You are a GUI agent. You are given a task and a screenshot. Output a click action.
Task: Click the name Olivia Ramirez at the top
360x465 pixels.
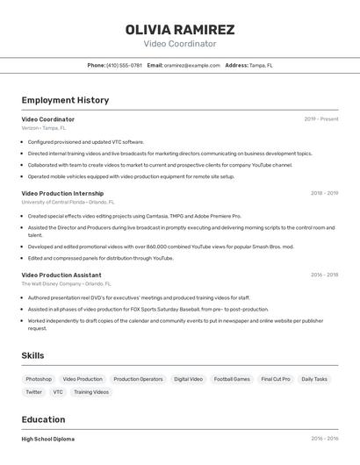pyautogui.click(x=179, y=29)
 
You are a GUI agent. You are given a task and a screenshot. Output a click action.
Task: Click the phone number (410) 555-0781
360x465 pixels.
pyautogui.click(x=124, y=65)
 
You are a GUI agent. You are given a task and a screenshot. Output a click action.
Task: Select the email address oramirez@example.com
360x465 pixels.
pyautogui.click(x=191, y=65)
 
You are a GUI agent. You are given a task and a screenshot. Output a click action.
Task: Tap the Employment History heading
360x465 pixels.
pyautogui.click(x=65, y=100)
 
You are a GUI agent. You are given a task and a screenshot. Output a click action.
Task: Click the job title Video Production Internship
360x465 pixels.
pyautogui.click(x=62, y=193)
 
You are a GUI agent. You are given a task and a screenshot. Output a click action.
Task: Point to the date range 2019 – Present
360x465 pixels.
pyautogui.click(x=321, y=119)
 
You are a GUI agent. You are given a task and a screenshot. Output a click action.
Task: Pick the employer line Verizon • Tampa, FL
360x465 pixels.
pyautogui.click(x=44, y=128)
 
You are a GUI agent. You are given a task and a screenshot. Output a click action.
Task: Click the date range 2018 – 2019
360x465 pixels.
pyautogui.click(x=324, y=193)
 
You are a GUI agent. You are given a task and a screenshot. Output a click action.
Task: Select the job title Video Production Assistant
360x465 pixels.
pyautogui.click(x=61, y=275)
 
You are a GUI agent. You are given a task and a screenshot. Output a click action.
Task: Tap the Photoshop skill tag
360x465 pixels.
pyautogui.click(x=39, y=379)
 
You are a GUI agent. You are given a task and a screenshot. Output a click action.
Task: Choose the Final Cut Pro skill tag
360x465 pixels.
pyautogui.click(x=276, y=379)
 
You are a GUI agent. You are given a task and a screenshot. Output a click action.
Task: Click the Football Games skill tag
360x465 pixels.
pyautogui.click(x=232, y=379)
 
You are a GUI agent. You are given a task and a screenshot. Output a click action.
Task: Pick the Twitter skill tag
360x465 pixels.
pyautogui.click(x=33, y=392)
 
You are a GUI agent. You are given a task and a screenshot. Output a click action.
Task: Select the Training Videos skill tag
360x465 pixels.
pyautogui.click(x=91, y=392)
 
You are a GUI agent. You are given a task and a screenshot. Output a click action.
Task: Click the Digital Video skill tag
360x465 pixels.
pyautogui.click(x=188, y=379)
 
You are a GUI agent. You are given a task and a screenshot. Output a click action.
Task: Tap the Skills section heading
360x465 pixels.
pyautogui.click(x=33, y=355)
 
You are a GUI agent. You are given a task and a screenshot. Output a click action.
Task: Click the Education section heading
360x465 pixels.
pyautogui.click(x=43, y=419)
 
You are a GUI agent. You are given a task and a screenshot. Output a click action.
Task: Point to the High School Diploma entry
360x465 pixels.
pyautogui.click(x=48, y=439)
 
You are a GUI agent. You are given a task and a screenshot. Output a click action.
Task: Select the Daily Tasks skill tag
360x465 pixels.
pyautogui.click(x=314, y=379)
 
